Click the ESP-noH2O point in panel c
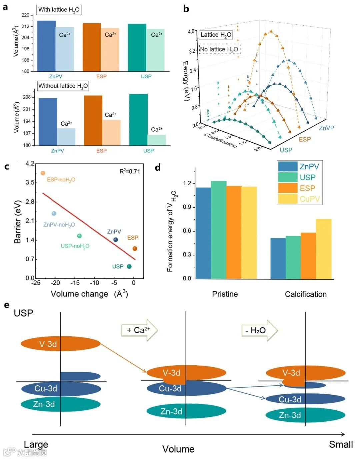coord(43,173)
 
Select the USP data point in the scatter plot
coord(129,266)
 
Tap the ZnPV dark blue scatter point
coord(116,240)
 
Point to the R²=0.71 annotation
coord(130,171)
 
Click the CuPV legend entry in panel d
coord(309,199)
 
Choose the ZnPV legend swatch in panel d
coord(287,166)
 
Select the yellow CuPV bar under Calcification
coord(324,249)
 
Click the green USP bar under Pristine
coord(219,230)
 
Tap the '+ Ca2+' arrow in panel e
coord(139,330)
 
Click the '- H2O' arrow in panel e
coord(259,330)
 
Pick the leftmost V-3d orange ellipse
coord(61,344)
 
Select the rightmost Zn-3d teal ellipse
coord(305,415)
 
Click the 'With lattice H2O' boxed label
coord(59,10)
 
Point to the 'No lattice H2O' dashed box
coord(219,49)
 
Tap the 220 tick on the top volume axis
coord(25,15)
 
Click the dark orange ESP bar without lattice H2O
coord(93,120)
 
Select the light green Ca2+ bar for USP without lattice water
coord(157,140)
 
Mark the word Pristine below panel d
coord(225,294)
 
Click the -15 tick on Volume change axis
coord(75,283)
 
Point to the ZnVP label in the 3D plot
coord(326,128)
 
